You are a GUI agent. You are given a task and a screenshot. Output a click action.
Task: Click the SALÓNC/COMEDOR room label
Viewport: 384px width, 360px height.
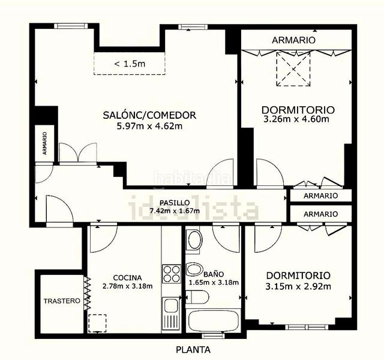pyautogui.click(x=149, y=115)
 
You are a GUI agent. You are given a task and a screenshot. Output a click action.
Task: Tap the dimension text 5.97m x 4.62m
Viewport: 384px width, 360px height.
pyautogui.click(x=149, y=126)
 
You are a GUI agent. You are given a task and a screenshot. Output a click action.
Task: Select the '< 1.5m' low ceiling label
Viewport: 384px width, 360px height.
pyautogui.click(x=130, y=64)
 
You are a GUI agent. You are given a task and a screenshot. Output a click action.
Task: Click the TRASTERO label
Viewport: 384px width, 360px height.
pyautogui.click(x=62, y=301)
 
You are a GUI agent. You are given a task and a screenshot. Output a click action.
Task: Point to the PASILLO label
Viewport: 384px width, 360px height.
pyautogui.click(x=175, y=203)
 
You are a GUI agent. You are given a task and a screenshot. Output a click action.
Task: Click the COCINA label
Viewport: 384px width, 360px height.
pyautogui.click(x=127, y=278)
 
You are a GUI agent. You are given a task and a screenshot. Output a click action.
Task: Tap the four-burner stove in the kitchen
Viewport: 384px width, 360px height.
pyautogui.click(x=172, y=274)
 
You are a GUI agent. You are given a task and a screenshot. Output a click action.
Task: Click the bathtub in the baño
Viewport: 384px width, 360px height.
pyautogui.click(x=213, y=321)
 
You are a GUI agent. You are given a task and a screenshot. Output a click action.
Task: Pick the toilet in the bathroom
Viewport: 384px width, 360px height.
pyautogui.click(x=197, y=297)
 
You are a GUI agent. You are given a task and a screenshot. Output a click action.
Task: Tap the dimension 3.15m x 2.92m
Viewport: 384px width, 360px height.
pyautogui.click(x=298, y=286)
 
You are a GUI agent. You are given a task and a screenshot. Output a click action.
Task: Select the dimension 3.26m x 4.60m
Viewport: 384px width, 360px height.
pyautogui.click(x=296, y=119)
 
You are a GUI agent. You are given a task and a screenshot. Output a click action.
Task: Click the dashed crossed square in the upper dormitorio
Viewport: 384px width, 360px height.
pyautogui.click(x=293, y=69)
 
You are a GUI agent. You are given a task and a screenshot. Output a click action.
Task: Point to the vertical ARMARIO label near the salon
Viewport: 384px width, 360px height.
pyautogui.click(x=44, y=143)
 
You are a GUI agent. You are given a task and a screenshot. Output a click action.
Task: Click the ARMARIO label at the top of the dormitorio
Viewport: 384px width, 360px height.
pyautogui.click(x=293, y=40)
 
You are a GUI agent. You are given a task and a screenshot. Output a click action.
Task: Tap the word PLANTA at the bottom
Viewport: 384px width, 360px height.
pyautogui.click(x=193, y=350)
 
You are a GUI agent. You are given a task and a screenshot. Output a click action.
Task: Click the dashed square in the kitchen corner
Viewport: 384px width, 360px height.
pyautogui.click(x=97, y=323)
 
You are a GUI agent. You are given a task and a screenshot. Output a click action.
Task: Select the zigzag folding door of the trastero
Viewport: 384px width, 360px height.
pyautogui.click(x=88, y=293)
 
